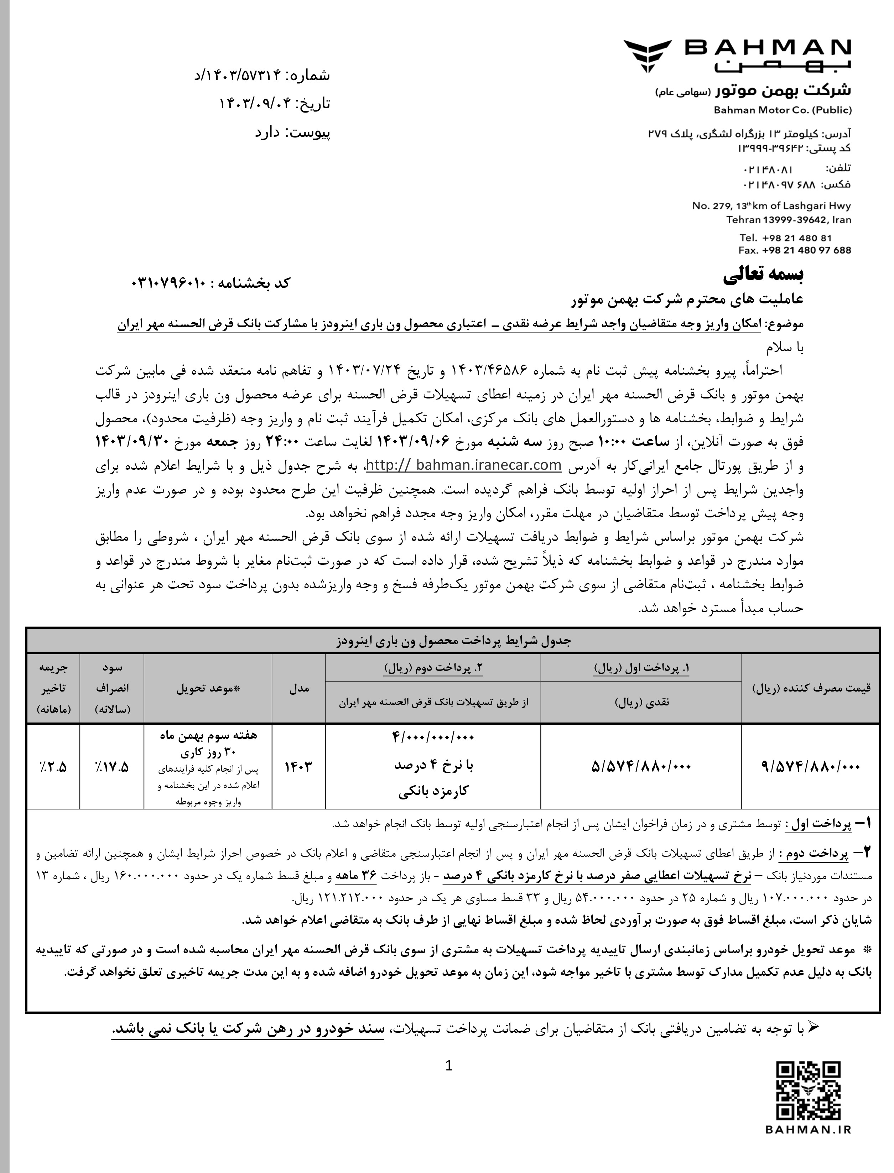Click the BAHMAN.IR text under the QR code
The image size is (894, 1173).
coord(808,1158)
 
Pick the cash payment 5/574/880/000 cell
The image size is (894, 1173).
coord(641,767)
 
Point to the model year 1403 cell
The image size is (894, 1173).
coord(298,767)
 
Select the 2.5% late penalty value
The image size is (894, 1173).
coord(52,767)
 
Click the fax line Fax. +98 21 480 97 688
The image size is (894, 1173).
coord(795,250)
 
